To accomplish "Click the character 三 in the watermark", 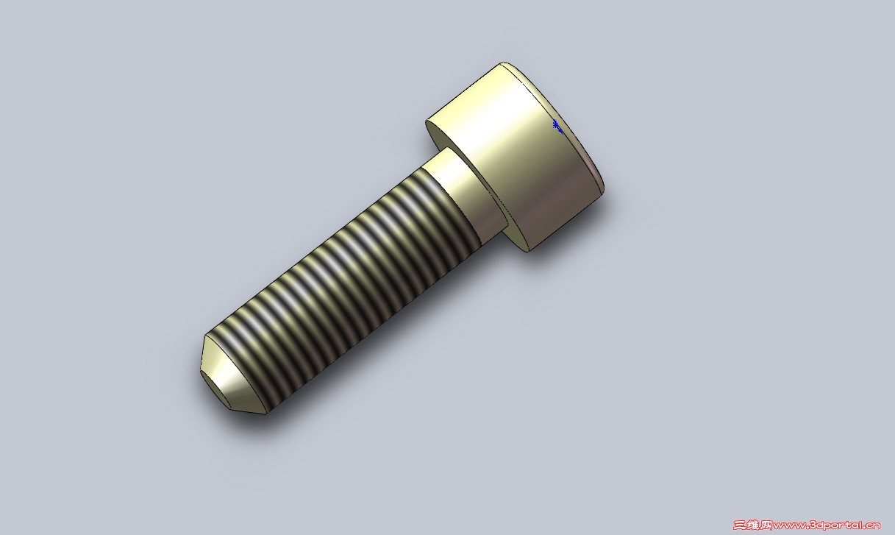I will pos(739,525).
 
